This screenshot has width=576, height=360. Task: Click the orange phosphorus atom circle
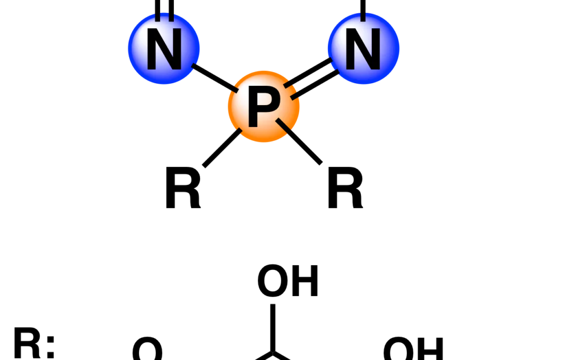point(264,107)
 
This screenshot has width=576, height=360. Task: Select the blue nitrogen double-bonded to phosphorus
point(363,49)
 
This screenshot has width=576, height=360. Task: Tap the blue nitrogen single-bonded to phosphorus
point(164,49)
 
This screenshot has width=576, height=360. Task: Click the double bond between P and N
point(311,78)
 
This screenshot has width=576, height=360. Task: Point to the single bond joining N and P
point(215,77)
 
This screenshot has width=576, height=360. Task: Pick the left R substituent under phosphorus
point(183,188)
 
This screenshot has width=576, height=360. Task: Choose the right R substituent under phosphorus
point(345,188)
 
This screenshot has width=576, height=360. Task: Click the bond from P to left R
point(222,148)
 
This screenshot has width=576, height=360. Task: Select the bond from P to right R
point(299,141)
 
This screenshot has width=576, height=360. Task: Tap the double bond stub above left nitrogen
point(164,10)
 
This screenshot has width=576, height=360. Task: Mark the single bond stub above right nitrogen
point(363,10)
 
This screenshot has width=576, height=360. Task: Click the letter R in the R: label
point(27,343)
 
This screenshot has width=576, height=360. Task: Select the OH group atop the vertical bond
point(287,281)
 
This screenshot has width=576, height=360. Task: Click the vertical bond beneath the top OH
point(273,328)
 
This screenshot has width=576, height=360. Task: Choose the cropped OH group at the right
point(413,349)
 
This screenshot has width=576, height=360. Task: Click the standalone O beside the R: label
point(147,349)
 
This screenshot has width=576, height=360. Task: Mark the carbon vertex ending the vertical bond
point(273,353)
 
